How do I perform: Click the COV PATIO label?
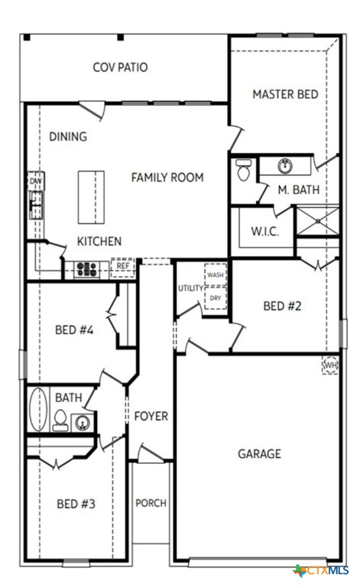pyautogui.click(x=120, y=67)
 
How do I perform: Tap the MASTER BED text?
pyautogui.click(x=285, y=95)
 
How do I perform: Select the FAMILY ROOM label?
pyautogui.click(x=167, y=177)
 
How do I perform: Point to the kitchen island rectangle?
pyautogui.click(x=89, y=196)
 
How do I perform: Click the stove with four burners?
pyautogui.click(x=85, y=268)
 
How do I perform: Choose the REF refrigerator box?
pyautogui.click(x=122, y=267)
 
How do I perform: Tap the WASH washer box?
pyautogui.click(x=216, y=274)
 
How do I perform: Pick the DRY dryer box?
pyautogui.click(x=216, y=297)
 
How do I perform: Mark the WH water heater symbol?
pyautogui.click(x=330, y=365)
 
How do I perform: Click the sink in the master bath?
pyautogui.click(x=285, y=165)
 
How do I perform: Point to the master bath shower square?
pyautogui.click(x=316, y=220)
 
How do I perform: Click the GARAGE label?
pyautogui.click(x=259, y=454)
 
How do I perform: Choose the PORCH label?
pyautogui.click(x=151, y=503)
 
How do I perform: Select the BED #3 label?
pyautogui.click(x=76, y=504)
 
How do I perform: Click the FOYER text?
pyautogui.click(x=151, y=417)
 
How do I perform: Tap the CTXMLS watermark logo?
pyautogui.click(x=321, y=570)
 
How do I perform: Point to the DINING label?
pyautogui.click(x=68, y=137)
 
